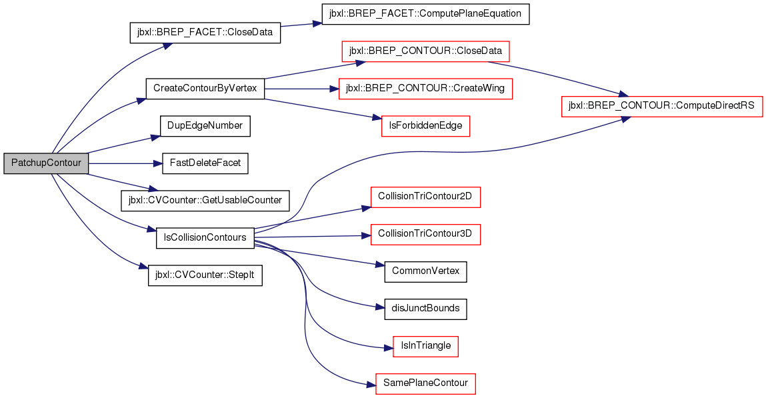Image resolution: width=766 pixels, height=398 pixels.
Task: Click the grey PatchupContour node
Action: point(46,163)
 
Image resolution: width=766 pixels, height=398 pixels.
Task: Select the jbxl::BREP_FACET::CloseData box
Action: point(205,34)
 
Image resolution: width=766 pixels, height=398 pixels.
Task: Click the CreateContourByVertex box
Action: point(205,89)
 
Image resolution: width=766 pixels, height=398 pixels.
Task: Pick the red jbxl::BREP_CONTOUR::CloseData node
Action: point(425,51)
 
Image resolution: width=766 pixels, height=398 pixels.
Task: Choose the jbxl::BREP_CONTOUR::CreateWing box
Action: point(425,89)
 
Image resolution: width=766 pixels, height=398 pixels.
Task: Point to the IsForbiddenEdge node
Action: point(425,126)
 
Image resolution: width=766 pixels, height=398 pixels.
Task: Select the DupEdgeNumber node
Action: point(205,126)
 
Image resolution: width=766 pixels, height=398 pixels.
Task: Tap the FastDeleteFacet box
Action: point(205,163)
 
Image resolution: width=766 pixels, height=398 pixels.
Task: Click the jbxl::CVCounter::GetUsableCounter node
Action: point(205,201)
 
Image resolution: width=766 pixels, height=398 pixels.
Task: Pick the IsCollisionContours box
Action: point(205,238)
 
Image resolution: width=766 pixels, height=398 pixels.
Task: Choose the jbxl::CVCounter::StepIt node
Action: point(205,275)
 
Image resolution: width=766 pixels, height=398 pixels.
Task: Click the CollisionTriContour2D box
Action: point(425,197)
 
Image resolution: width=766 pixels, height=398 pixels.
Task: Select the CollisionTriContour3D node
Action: point(425,234)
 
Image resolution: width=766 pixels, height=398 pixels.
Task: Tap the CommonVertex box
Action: point(425,271)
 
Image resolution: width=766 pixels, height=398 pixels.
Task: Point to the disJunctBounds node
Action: point(425,309)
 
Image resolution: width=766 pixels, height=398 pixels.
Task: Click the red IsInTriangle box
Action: point(425,346)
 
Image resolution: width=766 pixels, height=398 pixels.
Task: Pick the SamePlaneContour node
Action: point(425,383)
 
